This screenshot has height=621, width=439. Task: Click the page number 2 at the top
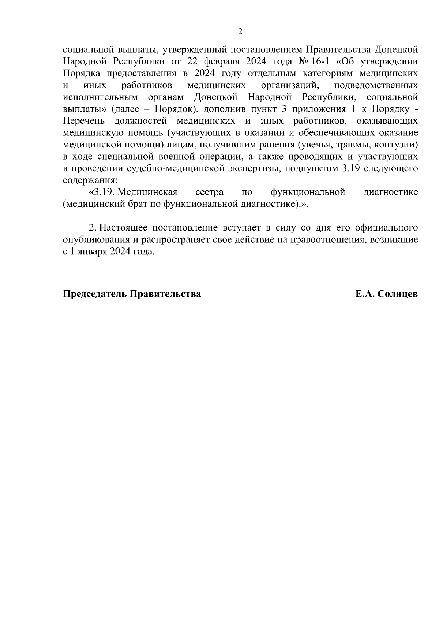tap(240, 31)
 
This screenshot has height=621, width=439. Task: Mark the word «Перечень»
tap(84, 121)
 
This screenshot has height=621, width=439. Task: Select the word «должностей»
tap(141, 121)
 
